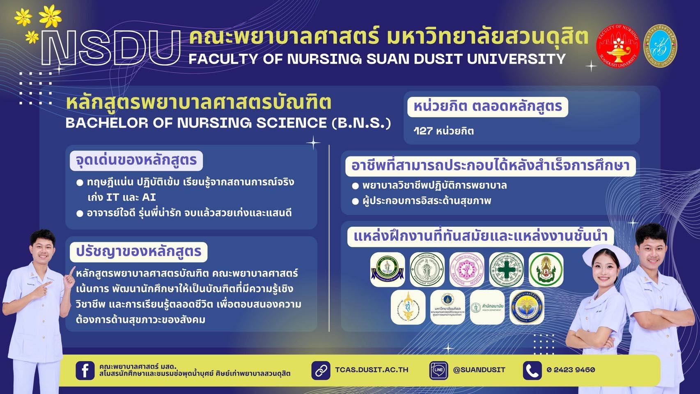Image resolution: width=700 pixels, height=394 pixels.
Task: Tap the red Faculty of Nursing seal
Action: pos(617,46)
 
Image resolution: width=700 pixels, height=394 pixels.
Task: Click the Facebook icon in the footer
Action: pos(85,370)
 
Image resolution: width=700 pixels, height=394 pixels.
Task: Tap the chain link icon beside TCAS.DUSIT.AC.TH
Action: pos(320,370)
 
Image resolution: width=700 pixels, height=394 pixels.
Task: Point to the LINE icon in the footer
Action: pos(438,370)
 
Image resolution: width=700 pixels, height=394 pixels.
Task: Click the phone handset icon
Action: pos(532,370)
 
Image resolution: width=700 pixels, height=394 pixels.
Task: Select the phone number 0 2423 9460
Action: pos(571,370)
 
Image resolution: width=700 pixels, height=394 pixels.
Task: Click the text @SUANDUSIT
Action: pos(479,370)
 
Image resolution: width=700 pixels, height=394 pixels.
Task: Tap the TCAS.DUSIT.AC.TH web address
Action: pos(372,370)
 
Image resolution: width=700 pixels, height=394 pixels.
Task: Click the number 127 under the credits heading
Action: pos(423,131)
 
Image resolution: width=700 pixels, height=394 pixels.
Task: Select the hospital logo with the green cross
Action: pos(506,270)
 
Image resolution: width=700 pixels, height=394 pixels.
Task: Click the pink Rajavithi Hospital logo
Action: pos(467,270)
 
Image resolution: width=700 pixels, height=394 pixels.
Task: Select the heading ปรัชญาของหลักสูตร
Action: pos(138,251)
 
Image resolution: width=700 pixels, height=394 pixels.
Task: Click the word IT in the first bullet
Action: pos(112,198)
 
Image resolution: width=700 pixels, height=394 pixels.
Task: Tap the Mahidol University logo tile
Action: pos(447,307)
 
